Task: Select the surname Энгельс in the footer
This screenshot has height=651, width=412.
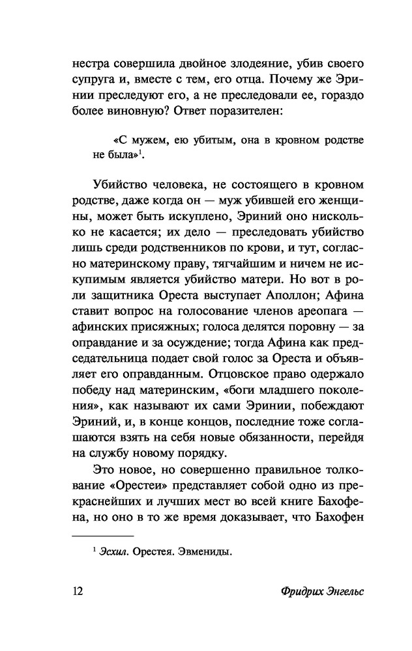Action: click(x=343, y=592)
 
